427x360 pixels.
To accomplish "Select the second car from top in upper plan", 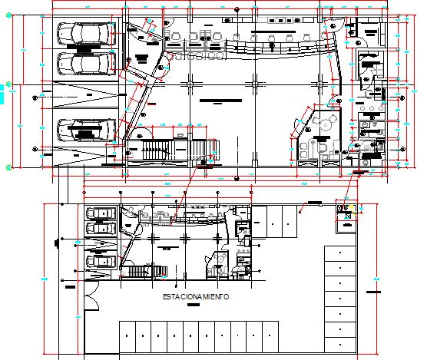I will coord(84,63).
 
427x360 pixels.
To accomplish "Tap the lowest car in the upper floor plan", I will coord(84,129).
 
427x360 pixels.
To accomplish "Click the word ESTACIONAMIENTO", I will coord(196,296).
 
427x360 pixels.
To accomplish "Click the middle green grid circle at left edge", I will coord(8,82).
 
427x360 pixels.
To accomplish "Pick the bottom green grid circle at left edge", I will coord(8,165).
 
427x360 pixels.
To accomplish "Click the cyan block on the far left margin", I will coord(2,94).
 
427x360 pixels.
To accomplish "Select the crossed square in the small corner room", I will coord(349,216).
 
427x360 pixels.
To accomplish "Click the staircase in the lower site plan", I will coord(147,271).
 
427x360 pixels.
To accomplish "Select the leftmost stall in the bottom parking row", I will coord(127,335).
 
